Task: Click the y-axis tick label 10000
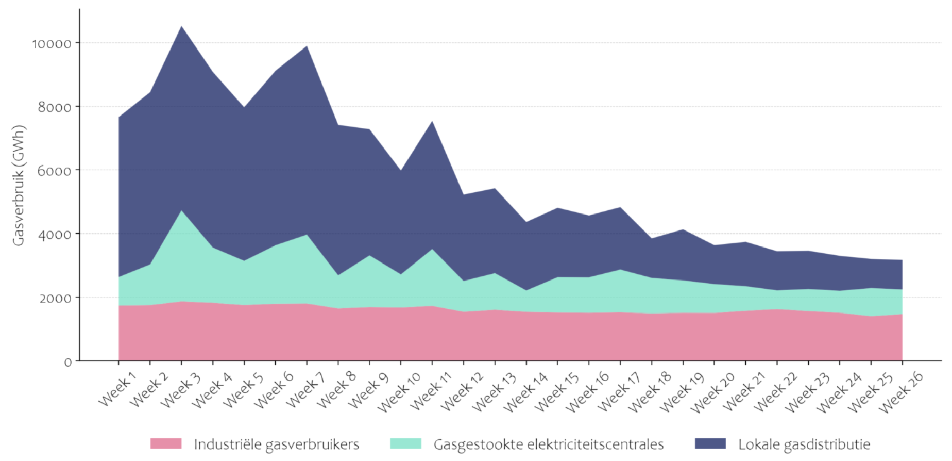[x=52, y=44]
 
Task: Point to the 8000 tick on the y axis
[x=55, y=107]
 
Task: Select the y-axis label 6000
[x=55, y=171]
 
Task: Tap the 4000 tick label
[x=55, y=235]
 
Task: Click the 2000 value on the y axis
[x=55, y=298]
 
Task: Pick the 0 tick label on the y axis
[x=67, y=362]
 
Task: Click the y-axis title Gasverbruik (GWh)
[x=19, y=186]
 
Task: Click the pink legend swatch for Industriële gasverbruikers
[x=166, y=444]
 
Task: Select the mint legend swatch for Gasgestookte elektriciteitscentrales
[x=405, y=444]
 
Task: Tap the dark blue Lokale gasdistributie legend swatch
[x=710, y=444]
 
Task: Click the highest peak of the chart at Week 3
[x=181, y=27]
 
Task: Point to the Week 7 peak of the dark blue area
[x=307, y=47]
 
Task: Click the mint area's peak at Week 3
[x=181, y=211]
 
